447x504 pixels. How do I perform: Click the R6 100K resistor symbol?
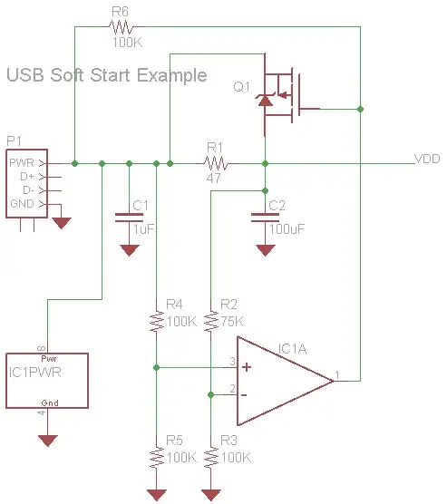click(x=121, y=28)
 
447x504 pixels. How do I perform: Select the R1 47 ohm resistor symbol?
click(x=216, y=164)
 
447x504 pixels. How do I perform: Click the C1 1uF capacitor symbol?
click(x=129, y=217)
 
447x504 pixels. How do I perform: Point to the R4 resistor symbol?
click(x=157, y=321)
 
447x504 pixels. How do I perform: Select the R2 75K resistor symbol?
click(x=211, y=321)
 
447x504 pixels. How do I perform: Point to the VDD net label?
click(x=427, y=159)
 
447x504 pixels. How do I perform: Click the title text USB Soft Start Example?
click(x=106, y=75)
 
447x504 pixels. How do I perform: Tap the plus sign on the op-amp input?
click(x=246, y=367)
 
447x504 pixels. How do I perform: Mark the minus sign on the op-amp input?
click(x=246, y=394)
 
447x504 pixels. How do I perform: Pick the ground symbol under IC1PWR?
click(x=47, y=440)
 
